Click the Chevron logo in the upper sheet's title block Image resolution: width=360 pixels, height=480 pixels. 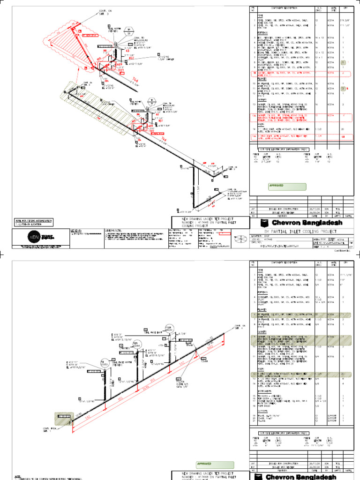[266, 222]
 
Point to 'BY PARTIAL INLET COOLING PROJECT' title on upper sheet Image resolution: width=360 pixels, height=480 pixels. [300, 231]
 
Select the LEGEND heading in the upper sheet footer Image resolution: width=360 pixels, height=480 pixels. [76, 231]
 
